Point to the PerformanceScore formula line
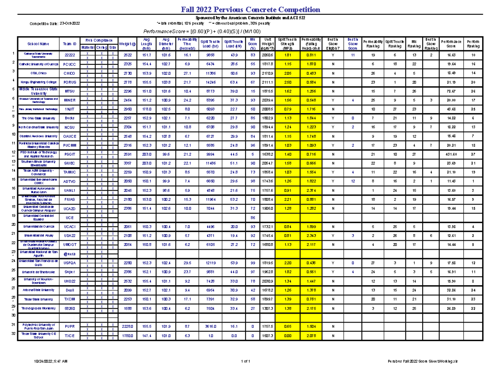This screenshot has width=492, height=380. click(201, 32)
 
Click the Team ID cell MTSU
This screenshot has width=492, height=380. click(70, 91)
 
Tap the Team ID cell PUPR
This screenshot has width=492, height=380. click(70, 326)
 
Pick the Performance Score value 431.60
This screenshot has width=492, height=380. click(449, 154)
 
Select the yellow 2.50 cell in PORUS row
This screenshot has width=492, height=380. click(287, 82)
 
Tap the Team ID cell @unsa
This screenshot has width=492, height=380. click(70, 254)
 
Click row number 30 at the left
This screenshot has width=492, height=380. click(13, 315)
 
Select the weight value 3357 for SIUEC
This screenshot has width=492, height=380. click(128, 163)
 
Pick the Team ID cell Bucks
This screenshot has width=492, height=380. click(70, 118)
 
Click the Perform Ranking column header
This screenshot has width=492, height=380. click(473, 43)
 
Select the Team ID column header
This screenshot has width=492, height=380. click(70, 43)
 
